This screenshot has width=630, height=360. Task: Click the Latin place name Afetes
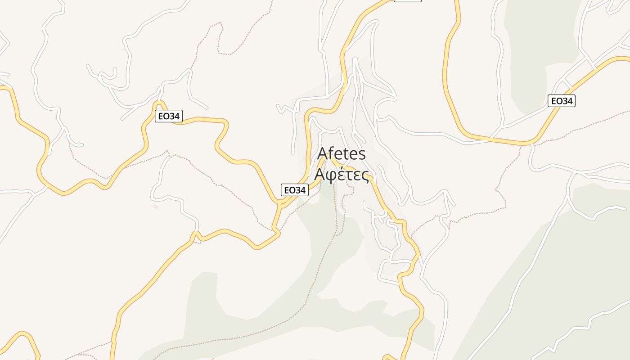click(342, 153)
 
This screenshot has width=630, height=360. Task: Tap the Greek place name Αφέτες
click(342, 175)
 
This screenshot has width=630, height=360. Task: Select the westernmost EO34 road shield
click(169, 116)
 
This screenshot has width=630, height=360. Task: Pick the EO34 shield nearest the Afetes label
click(295, 190)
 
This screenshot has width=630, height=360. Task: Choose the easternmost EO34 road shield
click(562, 101)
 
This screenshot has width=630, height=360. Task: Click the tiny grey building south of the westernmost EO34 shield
click(156, 207)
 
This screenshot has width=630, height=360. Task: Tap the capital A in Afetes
click(323, 153)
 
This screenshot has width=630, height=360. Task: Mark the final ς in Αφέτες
click(365, 175)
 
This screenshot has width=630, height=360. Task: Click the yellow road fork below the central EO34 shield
click(280, 205)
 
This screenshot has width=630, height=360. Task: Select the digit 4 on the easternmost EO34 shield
click(570, 101)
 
